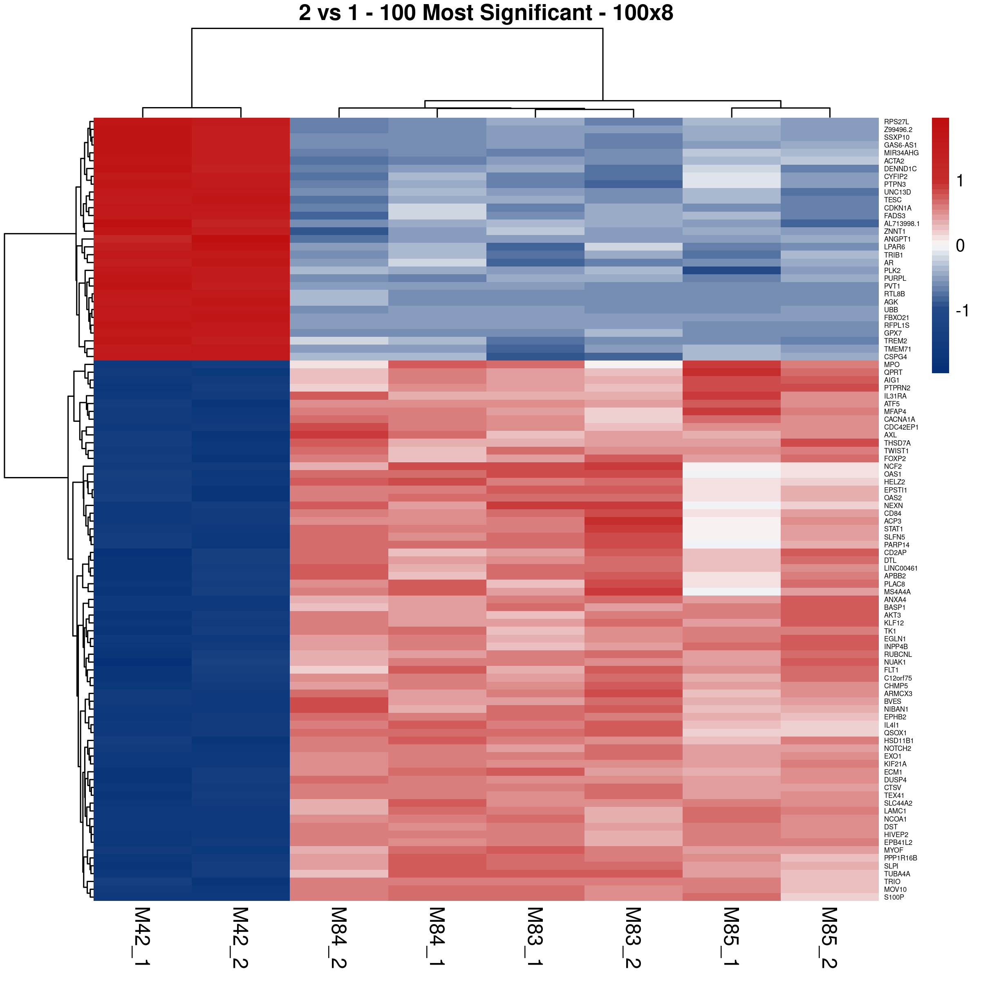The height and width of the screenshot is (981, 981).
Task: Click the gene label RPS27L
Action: [x=896, y=122]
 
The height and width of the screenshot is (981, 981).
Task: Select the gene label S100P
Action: [x=894, y=897]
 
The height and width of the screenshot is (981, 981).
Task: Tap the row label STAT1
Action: [x=894, y=529]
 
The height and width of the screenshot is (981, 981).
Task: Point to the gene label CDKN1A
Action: [x=898, y=208]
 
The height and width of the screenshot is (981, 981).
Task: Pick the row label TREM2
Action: [x=895, y=341]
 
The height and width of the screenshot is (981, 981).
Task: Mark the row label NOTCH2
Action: [x=897, y=748]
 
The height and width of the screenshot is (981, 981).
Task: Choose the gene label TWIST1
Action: [x=896, y=451]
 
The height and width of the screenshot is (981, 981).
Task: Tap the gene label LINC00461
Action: [x=901, y=568]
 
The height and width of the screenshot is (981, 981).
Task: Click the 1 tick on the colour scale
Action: [x=960, y=181]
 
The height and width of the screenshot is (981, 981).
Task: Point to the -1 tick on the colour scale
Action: [x=962, y=310]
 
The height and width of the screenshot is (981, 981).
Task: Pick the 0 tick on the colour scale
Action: [x=960, y=246]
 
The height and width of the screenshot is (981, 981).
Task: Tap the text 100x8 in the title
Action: [x=643, y=13]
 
